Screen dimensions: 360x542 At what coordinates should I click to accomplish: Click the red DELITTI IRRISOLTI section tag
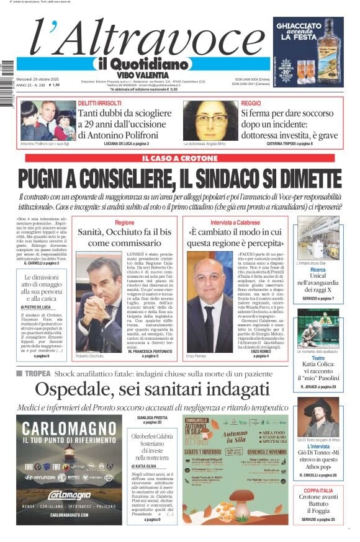[101, 103]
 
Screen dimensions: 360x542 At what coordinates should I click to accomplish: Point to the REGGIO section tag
[251, 103]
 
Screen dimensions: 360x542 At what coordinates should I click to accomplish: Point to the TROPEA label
[38, 373]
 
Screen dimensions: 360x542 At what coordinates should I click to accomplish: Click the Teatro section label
[318, 358]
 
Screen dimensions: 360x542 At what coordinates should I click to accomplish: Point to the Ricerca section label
[318, 270]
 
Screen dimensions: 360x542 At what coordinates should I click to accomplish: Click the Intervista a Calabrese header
[235, 221]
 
